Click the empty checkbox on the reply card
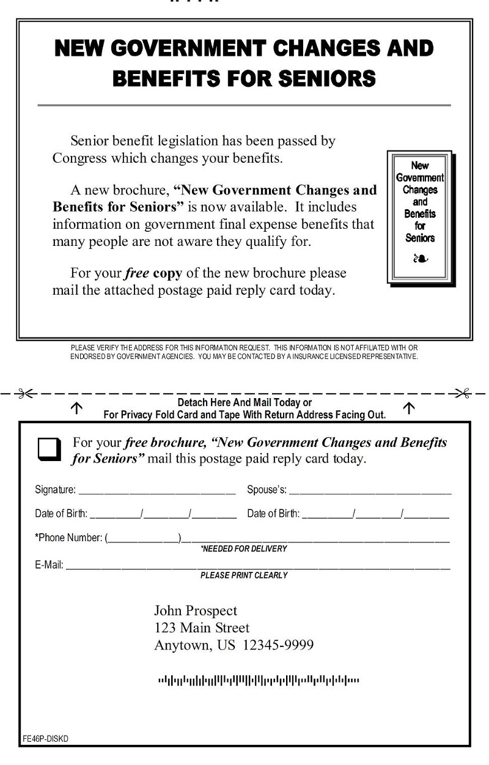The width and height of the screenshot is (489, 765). point(50,449)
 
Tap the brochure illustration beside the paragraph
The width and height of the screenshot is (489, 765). point(420,217)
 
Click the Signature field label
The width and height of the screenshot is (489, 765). point(56,490)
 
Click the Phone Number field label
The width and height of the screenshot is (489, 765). point(68,538)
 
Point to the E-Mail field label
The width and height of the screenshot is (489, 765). point(49,564)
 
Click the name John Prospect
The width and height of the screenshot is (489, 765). point(196,610)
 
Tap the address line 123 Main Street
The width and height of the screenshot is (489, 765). point(202,628)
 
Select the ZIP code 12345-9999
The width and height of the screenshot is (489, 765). point(278,646)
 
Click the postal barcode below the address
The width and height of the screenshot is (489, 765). point(259,680)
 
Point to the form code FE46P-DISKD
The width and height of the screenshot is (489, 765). point(46,739)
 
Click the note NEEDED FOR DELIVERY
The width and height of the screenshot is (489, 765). point(243,549)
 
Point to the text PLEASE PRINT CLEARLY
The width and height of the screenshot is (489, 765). point(243,575)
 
